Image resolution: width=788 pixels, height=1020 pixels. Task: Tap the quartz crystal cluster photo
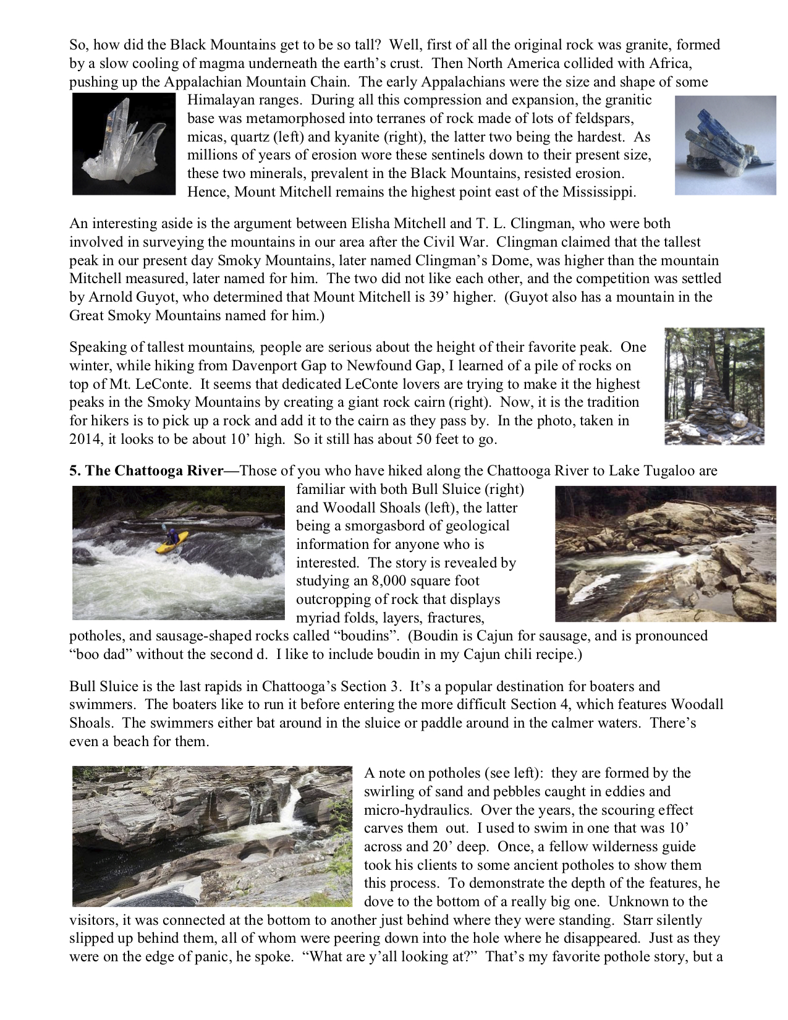[124, 143]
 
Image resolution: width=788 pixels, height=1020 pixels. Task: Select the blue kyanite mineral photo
[725, 145]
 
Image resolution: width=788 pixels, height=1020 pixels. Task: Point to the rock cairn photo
[714, 386]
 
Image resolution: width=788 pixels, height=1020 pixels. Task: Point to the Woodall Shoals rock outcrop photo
[665, 554]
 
